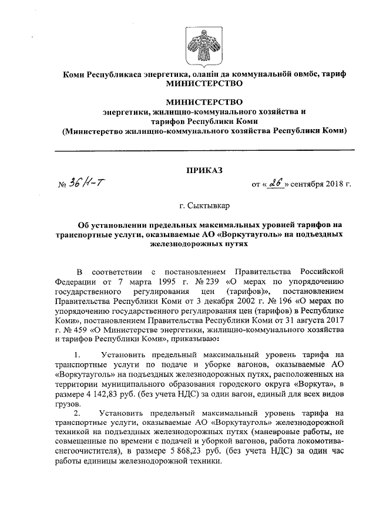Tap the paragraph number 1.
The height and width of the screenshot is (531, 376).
(x=78, y=355)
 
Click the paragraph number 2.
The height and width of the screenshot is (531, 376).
(x=78, y=413)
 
